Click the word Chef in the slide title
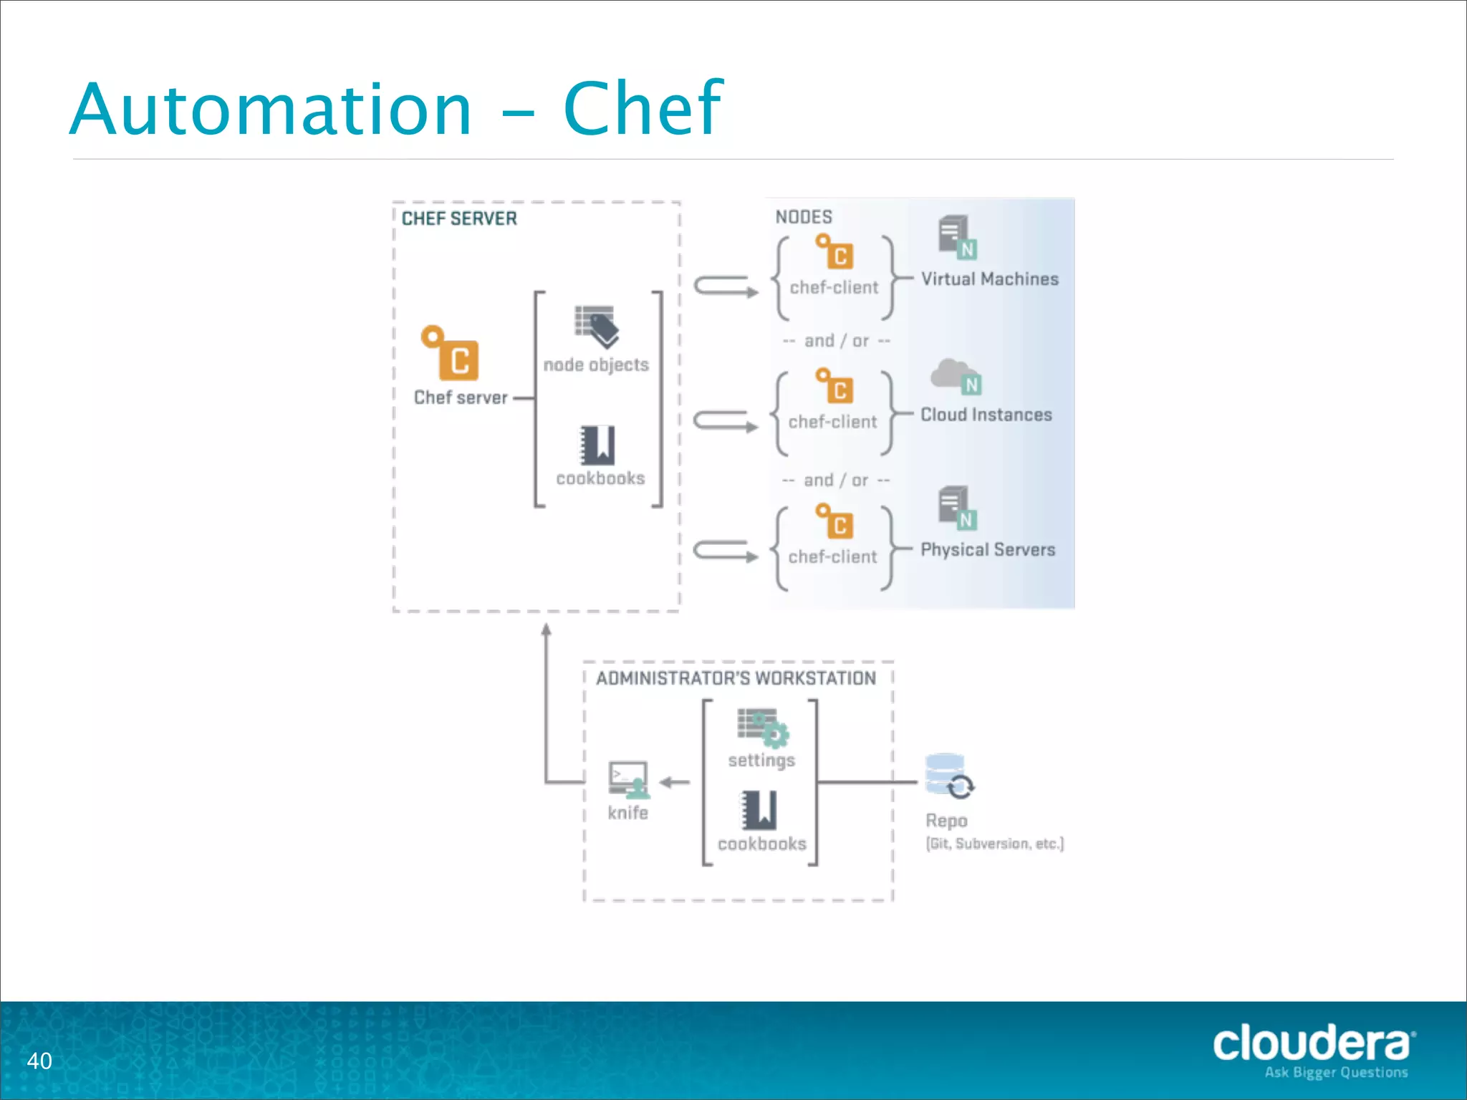643,109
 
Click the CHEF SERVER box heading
459,218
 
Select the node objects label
596,365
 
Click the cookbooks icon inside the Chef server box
597,445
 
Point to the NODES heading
804,217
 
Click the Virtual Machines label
989,279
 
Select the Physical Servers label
988,550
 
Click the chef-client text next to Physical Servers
832,557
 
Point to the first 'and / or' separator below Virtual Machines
837,341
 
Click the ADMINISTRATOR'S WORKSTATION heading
736,678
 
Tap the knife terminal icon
629,779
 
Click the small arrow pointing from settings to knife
674,782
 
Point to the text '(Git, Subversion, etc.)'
995,844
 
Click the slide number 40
39,1061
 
